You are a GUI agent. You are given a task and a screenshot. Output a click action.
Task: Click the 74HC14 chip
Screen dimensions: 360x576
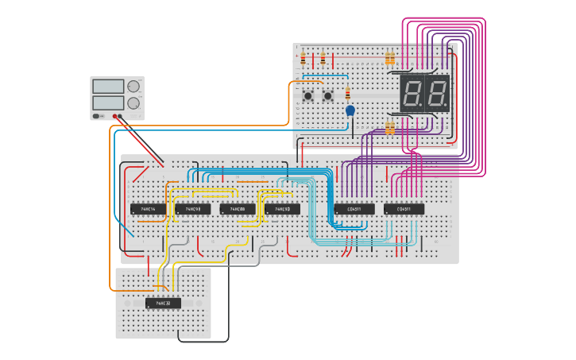148,209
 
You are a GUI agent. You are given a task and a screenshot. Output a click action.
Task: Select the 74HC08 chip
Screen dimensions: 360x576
238,209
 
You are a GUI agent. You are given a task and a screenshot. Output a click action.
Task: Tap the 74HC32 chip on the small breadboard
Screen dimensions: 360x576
163,303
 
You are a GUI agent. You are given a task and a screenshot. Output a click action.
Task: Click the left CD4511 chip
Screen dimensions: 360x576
354,209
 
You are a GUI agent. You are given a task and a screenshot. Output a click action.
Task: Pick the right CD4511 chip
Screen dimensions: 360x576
404,209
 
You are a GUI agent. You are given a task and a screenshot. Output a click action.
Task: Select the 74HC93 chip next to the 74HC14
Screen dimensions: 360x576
193,209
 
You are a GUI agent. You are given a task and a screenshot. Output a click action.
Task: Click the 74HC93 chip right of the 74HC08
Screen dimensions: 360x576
282,209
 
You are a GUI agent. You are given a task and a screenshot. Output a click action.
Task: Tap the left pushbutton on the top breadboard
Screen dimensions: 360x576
308,96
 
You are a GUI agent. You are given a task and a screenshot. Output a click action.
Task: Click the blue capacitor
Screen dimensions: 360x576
350,110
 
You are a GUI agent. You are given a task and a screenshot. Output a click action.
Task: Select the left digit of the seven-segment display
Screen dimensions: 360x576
412,94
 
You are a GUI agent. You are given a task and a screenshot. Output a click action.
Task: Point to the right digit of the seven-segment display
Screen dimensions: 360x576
437,94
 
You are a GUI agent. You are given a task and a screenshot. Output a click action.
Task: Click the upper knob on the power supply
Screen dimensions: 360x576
133,86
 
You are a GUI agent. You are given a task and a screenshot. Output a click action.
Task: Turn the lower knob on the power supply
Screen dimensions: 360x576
133,103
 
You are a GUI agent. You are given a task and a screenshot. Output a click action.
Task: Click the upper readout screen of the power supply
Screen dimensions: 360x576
108,86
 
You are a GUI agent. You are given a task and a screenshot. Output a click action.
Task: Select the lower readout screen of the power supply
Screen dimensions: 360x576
108,103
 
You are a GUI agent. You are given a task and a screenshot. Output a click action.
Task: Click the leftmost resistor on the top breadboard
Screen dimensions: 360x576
303,58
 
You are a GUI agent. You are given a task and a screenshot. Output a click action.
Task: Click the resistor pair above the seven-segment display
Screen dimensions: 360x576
389,58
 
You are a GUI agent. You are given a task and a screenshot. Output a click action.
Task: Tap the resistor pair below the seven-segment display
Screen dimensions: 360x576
389,127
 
